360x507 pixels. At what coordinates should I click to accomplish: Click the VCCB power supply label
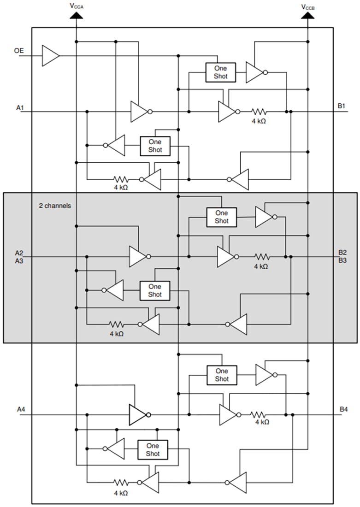coord(308,6)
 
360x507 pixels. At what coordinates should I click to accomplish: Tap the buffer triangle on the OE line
coord(50,56)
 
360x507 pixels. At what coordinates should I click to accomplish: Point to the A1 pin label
coord(20,108)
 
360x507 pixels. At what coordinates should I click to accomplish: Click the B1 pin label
coord(342,106)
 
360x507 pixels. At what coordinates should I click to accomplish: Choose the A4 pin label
coord(21,409)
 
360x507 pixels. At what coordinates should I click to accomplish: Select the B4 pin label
coord(343,409)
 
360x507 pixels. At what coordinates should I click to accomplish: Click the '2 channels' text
coord(54,206)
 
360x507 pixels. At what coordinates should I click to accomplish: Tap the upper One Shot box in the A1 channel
coord(220,72)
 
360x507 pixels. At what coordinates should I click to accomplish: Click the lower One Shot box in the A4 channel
coord(153,450)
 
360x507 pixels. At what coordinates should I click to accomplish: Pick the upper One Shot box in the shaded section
coord(221,217)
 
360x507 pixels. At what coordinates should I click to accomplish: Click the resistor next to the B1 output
coord(259,112)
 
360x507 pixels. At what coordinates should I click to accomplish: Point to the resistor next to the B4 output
coord(260,415)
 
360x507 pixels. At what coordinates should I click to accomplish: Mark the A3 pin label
coord(19,260)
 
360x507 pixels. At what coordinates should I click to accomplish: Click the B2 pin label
coord(342,253)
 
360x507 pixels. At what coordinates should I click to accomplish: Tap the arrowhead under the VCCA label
coord(76,15)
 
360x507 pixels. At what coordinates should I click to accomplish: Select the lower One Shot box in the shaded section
coord(154,290)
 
